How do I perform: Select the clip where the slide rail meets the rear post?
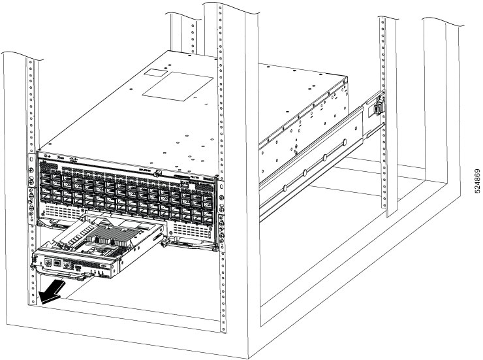[377, 105]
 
